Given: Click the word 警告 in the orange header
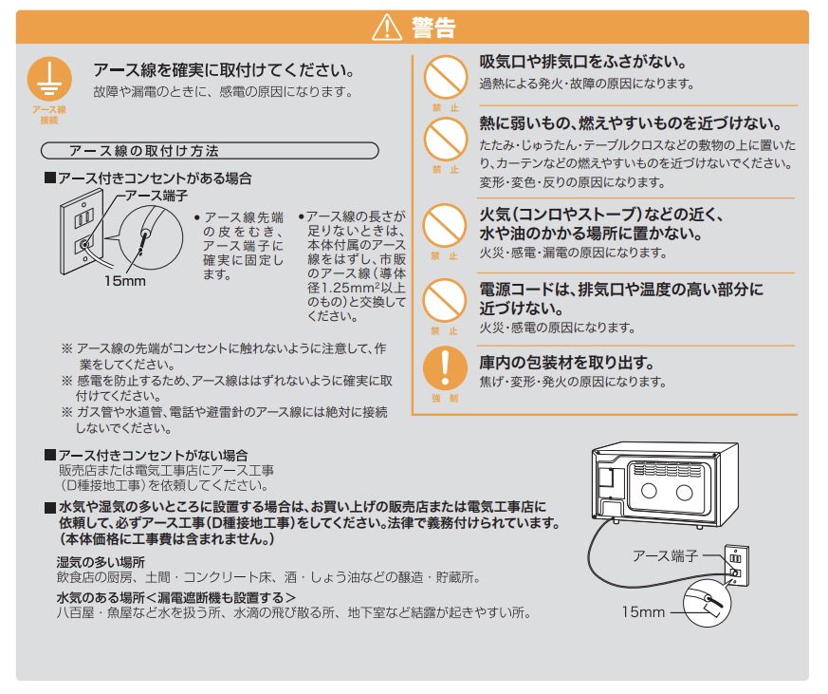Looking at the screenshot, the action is pos(433,28).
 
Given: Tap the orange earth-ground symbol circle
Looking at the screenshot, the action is pos(49,79).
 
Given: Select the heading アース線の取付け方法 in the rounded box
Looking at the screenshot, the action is pos(143,151).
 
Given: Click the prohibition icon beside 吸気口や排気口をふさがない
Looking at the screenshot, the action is pos(445,77).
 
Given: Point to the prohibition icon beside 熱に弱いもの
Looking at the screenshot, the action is pos(445,139).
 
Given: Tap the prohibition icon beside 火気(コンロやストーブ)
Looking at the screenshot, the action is pos(445,226).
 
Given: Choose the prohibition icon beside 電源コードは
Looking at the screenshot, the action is pos(445,300).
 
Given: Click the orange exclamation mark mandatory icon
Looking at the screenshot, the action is pos(445,367).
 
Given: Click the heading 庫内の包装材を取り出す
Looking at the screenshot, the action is pos(566,363).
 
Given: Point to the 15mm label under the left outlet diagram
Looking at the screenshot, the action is pos(124,281).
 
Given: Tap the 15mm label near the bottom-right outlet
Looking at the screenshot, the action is pos(643,612).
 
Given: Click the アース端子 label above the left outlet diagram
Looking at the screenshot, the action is pos(156,197).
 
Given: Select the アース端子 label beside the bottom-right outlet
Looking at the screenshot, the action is pos(666,556).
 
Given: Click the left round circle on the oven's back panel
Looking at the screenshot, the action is pos(649,491).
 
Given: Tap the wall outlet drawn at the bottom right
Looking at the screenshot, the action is pos(736,566).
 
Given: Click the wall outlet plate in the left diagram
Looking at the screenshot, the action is pos(82,232).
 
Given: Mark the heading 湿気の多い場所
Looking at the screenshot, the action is pos(101,562).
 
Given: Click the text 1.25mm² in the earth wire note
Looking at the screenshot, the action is pos(352,288).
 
